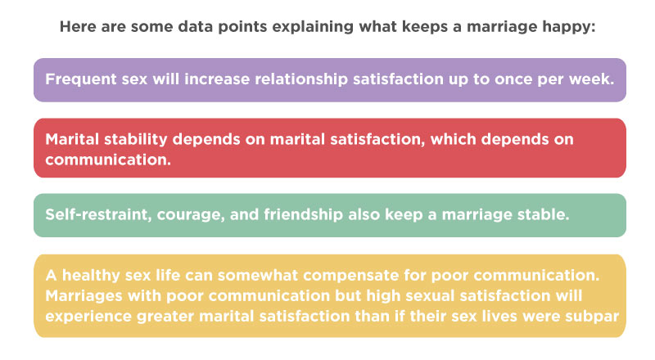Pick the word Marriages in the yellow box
click(x=84, y=296)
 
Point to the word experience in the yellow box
click(x=88, y=317)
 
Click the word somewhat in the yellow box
click(x=258, y=276)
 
